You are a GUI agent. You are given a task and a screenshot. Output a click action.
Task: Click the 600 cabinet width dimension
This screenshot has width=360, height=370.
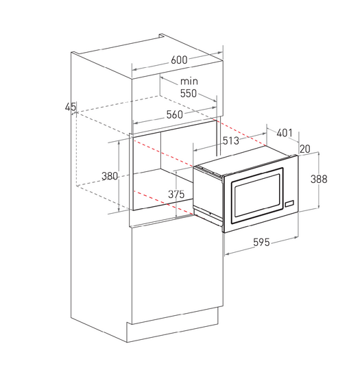point(179,60)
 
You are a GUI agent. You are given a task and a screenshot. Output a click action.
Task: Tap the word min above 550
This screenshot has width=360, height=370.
point(189,82)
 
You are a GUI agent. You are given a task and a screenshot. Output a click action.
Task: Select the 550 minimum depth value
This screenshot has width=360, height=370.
point(189,93)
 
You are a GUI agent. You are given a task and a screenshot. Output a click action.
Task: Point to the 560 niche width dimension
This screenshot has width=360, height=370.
point(175,114)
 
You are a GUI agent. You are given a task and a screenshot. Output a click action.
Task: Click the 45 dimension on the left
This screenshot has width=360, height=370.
point(71,107)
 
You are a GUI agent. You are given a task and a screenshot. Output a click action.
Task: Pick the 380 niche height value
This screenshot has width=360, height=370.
point(109,176)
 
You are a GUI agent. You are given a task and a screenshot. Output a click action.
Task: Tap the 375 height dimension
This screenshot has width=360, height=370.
point(176,194)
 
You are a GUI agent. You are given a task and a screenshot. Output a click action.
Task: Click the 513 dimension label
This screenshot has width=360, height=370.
point(231,140)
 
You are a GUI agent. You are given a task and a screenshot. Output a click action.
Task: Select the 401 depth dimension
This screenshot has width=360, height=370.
point(285,133)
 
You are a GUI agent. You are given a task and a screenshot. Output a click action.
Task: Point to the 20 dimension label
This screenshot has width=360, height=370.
point(304,149)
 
